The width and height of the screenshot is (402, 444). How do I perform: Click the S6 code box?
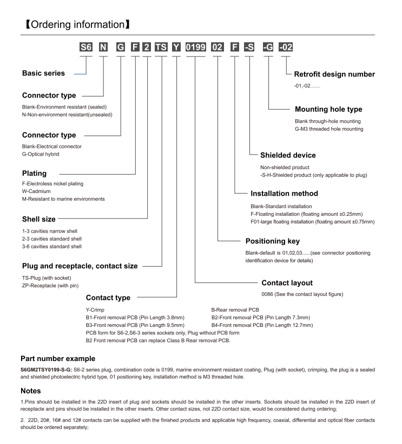tap(86, 47)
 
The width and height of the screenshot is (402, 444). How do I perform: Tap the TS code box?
tap(161, 47)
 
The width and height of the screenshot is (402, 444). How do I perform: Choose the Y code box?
tap(176, 47)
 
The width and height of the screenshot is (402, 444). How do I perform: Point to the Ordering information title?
tap(75, 25)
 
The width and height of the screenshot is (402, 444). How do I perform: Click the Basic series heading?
tap(43, 73)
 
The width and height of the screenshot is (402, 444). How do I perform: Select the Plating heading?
tap(34, 174)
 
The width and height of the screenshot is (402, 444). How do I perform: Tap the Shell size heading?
tap(38, 218)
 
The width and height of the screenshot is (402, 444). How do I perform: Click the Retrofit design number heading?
tap(334, 74)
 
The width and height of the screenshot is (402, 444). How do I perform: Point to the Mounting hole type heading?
tap(328, 109)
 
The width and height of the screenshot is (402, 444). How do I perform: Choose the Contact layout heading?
tap(287, 282)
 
